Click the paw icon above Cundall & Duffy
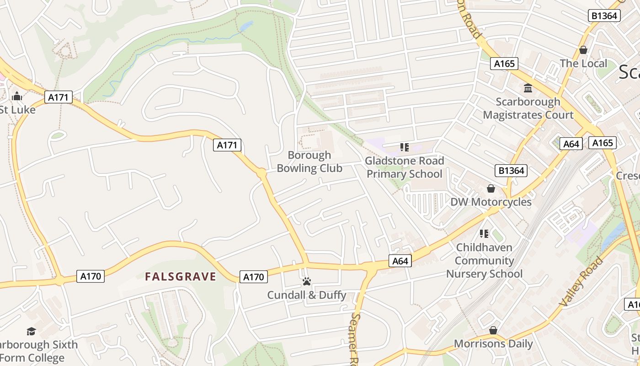(x=306, y=281)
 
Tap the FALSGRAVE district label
(x=180, y=276)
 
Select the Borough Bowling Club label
(x=309, y=162)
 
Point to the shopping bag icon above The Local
(x=583, y=49)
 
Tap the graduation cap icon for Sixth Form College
(x=31, y=331)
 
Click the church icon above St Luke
(x=17, y=96)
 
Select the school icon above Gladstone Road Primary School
(x=404, y=147)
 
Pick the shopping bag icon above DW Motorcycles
(x=491, y=188)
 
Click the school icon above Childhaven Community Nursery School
(x=484, y=234)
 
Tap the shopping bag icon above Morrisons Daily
(x=493, y=330)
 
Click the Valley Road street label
(x=581, y=282)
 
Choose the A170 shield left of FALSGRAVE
(x=90, y=276)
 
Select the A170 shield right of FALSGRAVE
(x=253, y=277)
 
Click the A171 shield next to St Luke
(x=59, y=97)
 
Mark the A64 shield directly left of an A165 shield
(x=571, y=144)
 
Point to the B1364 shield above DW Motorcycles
(x=511, y=171)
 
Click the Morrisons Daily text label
(x=493, y=344)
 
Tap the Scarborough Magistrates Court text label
(x=528, y=108)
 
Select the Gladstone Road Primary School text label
(x=405, y=167)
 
